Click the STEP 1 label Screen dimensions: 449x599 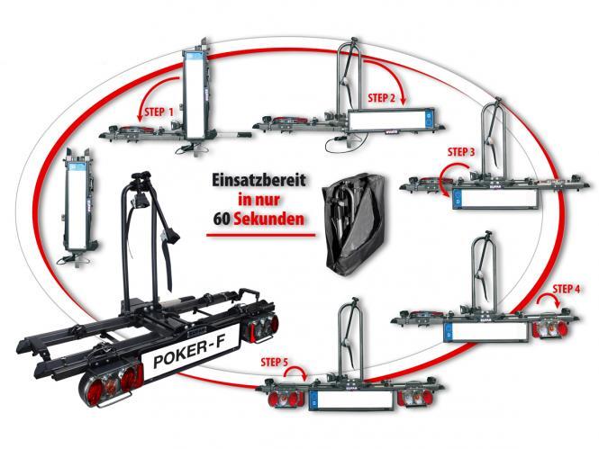click(x=155, y=112)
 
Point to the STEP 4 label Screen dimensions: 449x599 click(x=567, y=289)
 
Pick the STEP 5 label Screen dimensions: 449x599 click(x=274, y=364)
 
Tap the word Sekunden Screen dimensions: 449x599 click(x=275, y=219)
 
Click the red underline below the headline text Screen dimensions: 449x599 click(x=259, y=237)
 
